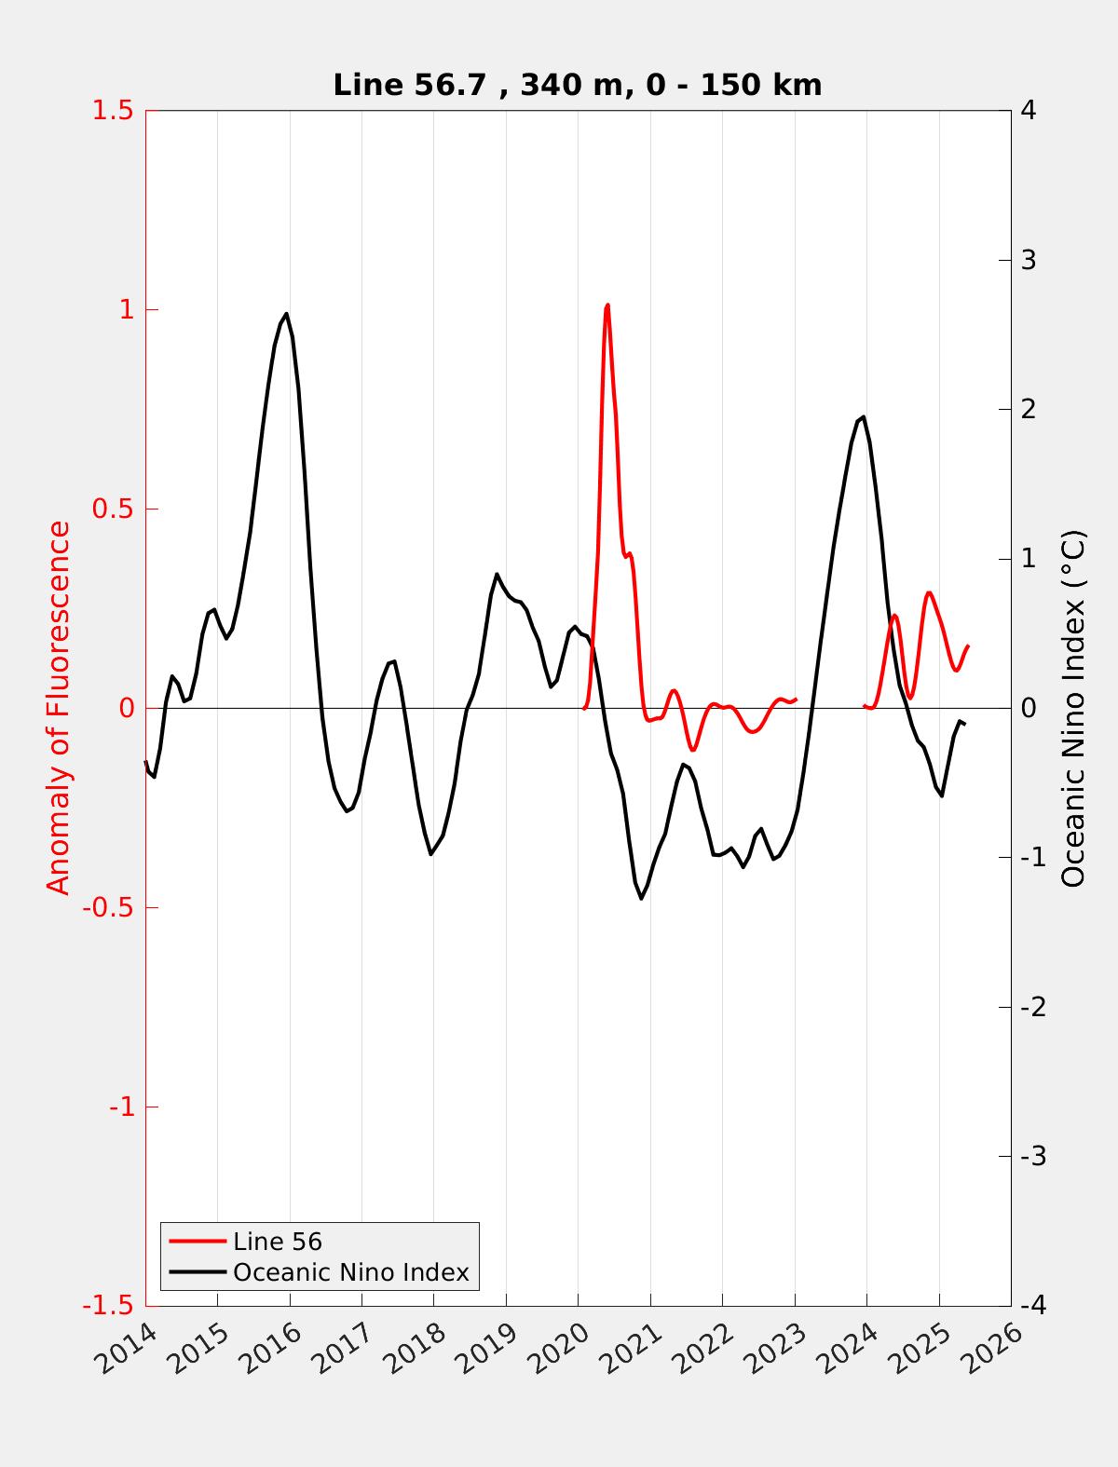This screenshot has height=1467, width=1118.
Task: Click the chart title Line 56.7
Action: pos(577,86)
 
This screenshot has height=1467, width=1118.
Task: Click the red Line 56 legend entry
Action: pos(277,1242)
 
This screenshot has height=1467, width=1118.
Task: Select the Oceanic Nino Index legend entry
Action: pos(350,1272)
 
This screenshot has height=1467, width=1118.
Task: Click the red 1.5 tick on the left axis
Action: pos(112,111)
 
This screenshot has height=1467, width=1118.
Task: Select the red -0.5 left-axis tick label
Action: pos(107,908)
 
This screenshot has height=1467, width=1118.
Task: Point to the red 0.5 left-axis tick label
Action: pos(112,509)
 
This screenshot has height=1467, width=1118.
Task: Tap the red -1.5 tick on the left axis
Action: pos(107,1307)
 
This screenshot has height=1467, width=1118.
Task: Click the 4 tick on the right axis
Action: pos(1029,111)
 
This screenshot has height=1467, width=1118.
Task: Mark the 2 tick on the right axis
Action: pos(1029,410)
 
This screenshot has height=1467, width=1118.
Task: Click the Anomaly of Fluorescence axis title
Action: pos(59,708)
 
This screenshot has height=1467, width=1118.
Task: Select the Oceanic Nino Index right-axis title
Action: pos(1073,708)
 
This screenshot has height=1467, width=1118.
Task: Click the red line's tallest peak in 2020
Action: pos(607,305)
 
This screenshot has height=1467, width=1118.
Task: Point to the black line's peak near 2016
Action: pos(286,314)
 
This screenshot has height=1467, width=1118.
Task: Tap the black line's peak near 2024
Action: pos(864,417)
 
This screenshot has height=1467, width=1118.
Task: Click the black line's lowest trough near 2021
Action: pos(641,898)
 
